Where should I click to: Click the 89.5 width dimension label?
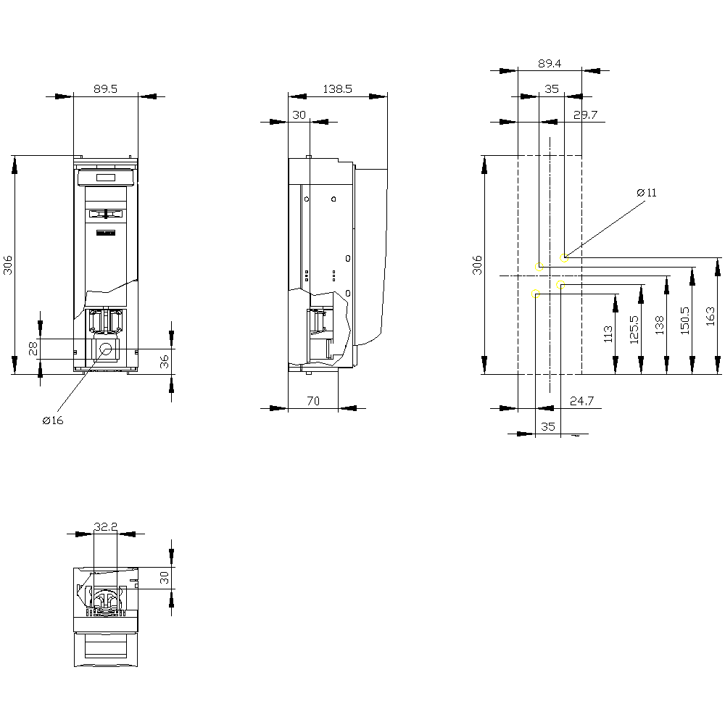(105, 88)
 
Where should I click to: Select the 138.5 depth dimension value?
(337, 88)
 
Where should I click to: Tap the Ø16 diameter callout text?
(53, 420)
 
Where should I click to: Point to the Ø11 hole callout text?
(647, 193)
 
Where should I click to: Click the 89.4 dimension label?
(550, 63)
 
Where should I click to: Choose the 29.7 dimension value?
(585, 115)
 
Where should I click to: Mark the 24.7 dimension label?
(581, 401)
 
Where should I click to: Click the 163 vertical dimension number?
(710, 316)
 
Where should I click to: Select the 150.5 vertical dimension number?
(685, 320)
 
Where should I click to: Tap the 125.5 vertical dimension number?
(634, 330)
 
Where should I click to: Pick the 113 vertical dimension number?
(608, 334)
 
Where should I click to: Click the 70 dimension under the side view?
(313, 401)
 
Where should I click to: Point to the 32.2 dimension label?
(105, 526)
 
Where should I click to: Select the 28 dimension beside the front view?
(33, 349)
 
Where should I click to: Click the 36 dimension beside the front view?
(165, 362)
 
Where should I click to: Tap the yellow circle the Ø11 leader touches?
(564, 258)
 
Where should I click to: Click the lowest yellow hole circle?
(536, 294)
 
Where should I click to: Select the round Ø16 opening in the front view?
(106, 349)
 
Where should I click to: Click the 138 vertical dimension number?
(659, 325)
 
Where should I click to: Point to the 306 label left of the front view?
(8, 265)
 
